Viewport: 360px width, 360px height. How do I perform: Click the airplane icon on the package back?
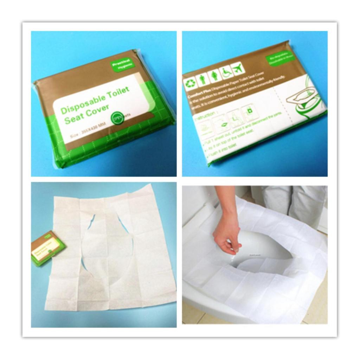point(238,68)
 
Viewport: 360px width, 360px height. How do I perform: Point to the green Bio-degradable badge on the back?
point(280,58)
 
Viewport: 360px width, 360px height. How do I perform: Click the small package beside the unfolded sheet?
point(48,248)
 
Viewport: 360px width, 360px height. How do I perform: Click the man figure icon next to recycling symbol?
point(202,79)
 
